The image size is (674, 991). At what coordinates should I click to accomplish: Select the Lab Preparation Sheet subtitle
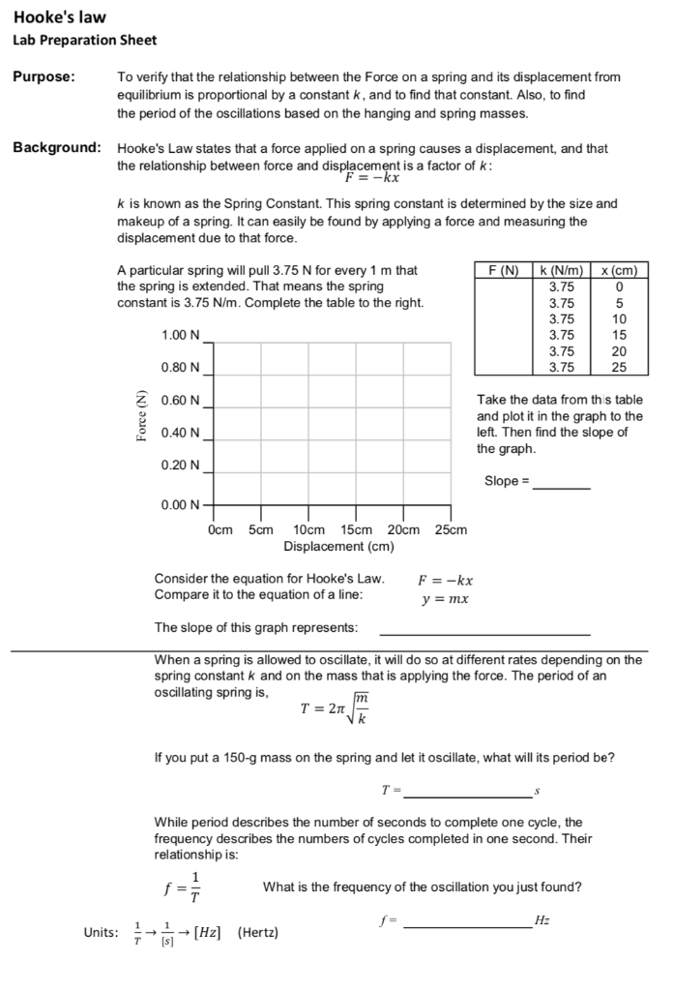pyautogui.click(x=84, y=41)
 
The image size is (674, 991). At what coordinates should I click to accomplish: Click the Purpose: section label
pyautogui.click(x=44, y=77)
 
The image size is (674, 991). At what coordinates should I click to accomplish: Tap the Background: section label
pyautogui.click(x=57, y=148)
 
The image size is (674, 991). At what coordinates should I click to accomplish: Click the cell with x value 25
pyautogui.click(x=619, y=367)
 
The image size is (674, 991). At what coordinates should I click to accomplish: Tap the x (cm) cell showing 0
pyautogui.click(x=619, y=286)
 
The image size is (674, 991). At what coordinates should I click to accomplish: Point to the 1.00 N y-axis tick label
pyautogui.click(x=181, y=335)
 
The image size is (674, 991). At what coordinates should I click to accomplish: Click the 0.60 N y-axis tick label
pyautogui.click(x=181, y=400)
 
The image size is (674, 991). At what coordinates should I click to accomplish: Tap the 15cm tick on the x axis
pyautogui.click(x=357, y=529)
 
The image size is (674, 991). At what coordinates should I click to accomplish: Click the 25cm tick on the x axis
pyautogui.click(x=451, y=529)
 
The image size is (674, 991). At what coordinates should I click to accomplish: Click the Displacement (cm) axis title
pyautogui.click(x=338, y=546)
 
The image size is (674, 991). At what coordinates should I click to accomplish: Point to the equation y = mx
pyautogui.click(x=445, y=599)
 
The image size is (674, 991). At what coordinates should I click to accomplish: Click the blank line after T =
pyautogui.click(x=467, y=792)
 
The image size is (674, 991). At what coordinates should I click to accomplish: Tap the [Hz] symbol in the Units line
pyautogui.click(x=207, y=932)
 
